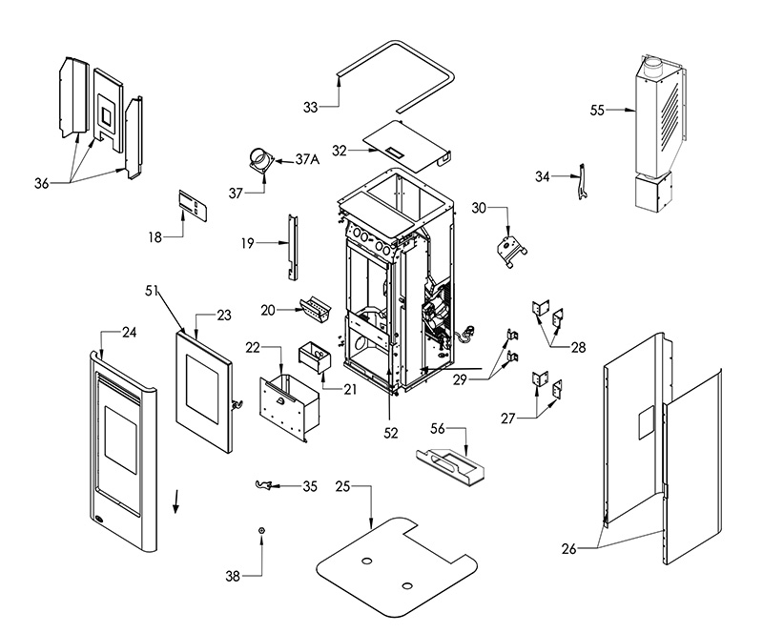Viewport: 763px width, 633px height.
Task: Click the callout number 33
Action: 310,107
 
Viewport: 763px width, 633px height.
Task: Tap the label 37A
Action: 307,159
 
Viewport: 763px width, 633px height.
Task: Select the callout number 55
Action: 597,111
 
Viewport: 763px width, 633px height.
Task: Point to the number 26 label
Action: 568,549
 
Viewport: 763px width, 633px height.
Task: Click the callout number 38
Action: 233,577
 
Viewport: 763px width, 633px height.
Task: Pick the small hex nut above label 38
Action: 261,531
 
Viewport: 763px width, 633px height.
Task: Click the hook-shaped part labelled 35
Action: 263,484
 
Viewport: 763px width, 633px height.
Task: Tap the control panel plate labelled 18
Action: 193,206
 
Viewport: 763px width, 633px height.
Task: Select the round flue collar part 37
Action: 261,161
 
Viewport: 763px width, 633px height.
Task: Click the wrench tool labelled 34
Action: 583,182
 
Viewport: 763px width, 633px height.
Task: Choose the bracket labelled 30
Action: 511,251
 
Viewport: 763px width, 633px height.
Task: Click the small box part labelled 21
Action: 315,357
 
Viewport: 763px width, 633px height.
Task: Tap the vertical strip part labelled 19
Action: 293,247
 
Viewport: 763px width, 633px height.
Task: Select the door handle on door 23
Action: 237,404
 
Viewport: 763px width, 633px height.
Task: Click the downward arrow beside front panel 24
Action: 175,501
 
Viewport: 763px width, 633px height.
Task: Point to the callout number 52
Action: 391,433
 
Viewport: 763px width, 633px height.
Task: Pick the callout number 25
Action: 343,486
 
